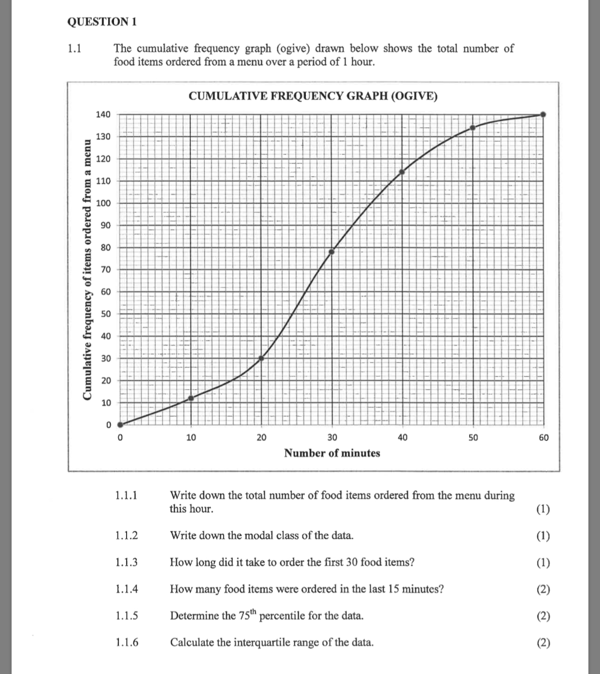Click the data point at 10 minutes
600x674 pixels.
(x=191, y=398)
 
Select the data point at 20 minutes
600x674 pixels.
(x=261, y=358)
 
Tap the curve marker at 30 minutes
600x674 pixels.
(x=332, y=251)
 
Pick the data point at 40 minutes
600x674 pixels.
(x=402, y=172)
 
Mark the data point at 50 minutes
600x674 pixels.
(x=472, y=128)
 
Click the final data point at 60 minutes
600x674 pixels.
(x=543, y=115)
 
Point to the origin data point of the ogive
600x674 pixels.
(x=120, y=425)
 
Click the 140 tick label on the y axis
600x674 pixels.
(x=103, y=115)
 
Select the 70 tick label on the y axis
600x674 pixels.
(x=105, y=269)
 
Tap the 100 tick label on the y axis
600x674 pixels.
(x=103, y=203)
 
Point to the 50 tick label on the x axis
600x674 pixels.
(x=472, y=438)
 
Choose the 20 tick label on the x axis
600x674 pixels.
(x=261, y=438)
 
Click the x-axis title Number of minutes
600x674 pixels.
(x=332, y=453)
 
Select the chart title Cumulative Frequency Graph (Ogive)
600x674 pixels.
(x=313, y=96)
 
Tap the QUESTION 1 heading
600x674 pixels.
(x=102, y=22)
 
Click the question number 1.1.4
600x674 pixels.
(x=127, y=589)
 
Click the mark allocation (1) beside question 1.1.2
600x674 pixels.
(x=543, y=536)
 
